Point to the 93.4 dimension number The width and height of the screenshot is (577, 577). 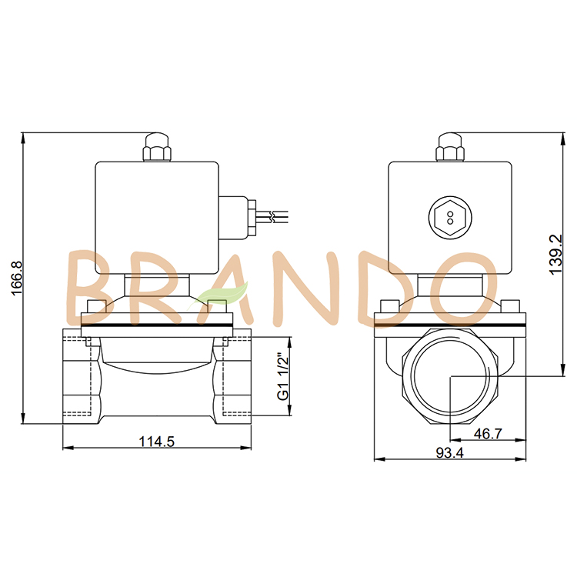tap(449, 453)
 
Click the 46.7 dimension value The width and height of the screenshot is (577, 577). tap(487, 434)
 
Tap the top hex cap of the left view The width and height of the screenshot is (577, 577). tap(156, 148)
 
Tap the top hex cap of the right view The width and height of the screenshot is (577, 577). tap(450, 148)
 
